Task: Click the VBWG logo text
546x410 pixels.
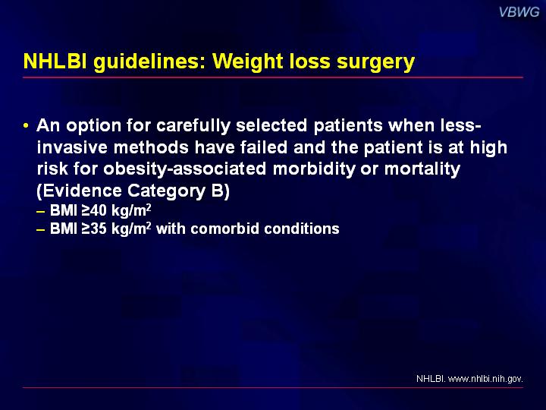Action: point(519,12)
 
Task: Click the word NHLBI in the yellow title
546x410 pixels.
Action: point(55,61)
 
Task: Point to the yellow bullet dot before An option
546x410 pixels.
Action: point(26,125)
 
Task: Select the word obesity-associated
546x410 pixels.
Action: point(184,169)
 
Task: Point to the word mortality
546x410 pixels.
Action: point(422,169)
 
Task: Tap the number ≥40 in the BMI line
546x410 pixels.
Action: point(94,210)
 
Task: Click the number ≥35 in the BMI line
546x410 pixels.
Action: point(94,229)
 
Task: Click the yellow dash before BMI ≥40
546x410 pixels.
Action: point(40,211)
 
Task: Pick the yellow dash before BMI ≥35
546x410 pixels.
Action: point(40,230)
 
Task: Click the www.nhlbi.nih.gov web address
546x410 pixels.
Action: point(485,379)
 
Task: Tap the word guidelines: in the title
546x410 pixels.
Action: point(149,63)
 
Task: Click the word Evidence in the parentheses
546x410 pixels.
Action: point(83,191)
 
